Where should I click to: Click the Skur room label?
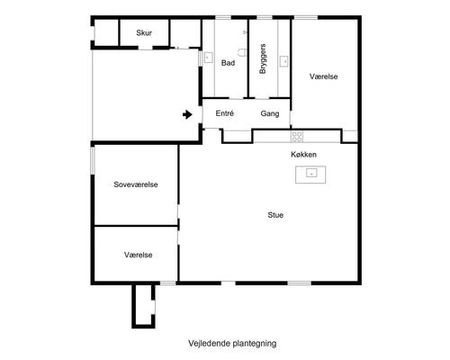pyautogui.click(x=144, y=33)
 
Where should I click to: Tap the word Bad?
pyautogui.click(x=228, y=63)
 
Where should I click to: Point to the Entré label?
pyautogui.click(x=225, y=114)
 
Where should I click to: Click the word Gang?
pyautogui.click(x=269, y=114)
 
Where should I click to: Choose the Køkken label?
pyautogui.click(x=303, y=155)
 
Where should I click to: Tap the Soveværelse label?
pyautogui.click(x=136, y=184)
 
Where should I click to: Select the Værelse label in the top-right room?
pyautogui.click(x=323, y=77)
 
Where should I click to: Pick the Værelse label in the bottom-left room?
pyautogui.click(x=138, y=255)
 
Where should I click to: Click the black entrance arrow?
pyautogui.click(x=186, y=114)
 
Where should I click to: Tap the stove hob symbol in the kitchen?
pyautogui.click(x=297, y=136)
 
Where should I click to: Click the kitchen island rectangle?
pyautogui.click(x=310, y=173)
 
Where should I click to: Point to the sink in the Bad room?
pyautogui.click(x=209, y=58)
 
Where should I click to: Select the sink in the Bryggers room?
pyautogui.click(x=284, y=61)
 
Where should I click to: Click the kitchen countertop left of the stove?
pyautogui.click(x=270, y=136)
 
